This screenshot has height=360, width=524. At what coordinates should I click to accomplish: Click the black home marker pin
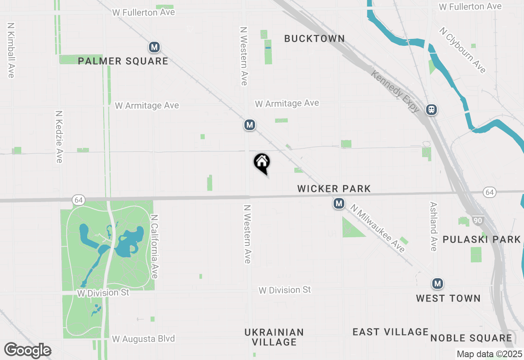262,162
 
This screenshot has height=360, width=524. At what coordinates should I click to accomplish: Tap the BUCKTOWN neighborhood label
314,38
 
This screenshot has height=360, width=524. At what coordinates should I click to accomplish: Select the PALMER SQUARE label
123,61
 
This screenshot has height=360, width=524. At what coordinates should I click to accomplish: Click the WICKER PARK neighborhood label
334,189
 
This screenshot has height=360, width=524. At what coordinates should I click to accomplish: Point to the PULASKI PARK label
481,239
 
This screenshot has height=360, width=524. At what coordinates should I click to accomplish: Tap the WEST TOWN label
448,298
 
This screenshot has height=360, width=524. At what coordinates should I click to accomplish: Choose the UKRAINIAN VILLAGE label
274,337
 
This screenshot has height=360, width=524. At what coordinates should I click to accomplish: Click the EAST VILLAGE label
390,332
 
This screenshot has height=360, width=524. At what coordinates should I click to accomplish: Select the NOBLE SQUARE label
471,338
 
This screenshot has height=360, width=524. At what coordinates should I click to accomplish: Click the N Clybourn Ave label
463,50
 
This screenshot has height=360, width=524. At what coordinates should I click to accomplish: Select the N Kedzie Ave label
59,136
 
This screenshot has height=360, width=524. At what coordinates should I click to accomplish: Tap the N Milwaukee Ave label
377,229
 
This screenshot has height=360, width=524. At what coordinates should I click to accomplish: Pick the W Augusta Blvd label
143,339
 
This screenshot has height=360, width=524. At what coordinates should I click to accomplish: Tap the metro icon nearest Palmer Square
154,47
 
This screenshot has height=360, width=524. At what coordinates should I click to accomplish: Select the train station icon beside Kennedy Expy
431,110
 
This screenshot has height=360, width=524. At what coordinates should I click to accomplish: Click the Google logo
27,351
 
